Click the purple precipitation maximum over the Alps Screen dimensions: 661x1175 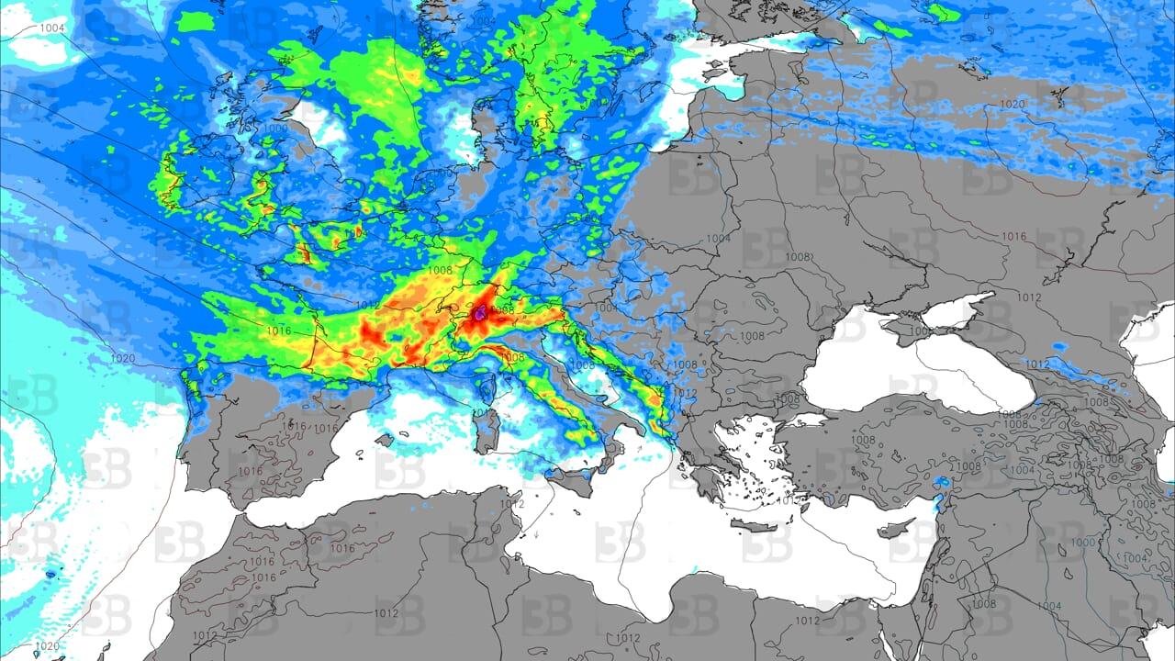(x=480, y=313)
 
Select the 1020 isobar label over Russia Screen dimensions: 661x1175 (x=1012, y=105)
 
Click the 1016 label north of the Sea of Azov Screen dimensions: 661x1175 (x=1013, y=237)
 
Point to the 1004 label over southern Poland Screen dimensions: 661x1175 (x=719, y=239)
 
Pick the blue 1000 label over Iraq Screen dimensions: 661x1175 (x=1083, y=543)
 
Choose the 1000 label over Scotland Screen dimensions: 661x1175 (x=275, y=129)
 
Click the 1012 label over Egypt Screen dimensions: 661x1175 (x=807, y=621)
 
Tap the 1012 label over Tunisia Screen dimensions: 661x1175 (x=512, y=503)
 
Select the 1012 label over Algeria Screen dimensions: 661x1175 (x=386, y=613)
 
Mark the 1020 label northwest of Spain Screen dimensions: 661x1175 (x=122, y=358)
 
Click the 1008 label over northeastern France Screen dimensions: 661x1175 (x=440, y=270)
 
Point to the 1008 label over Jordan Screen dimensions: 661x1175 (x=983, y=603)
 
